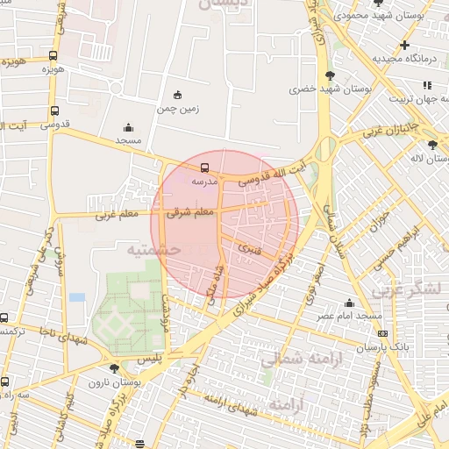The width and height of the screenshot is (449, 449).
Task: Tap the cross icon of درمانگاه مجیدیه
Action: click(x=404, y=45)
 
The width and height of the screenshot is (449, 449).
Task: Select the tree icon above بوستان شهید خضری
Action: click(x=329, y=75)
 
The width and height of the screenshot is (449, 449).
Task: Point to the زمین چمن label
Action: click(x=178, y=109)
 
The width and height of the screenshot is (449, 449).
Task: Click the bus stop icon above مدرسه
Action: click(x=204, y=167)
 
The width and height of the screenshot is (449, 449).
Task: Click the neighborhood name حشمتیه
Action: click(x=153, y=250)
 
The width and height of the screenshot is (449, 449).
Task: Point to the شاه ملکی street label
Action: click(x=210, y=282)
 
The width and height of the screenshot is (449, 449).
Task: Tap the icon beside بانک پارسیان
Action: click(x=381, y=333)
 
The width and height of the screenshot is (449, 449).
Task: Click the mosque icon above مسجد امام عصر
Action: click(x=349, y=303)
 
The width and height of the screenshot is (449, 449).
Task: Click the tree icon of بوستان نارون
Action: click(x=114, y=368)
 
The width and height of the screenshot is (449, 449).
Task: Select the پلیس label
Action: click(x=152, y=360)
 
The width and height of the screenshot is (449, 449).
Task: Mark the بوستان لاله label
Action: click(x=430, y=159)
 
